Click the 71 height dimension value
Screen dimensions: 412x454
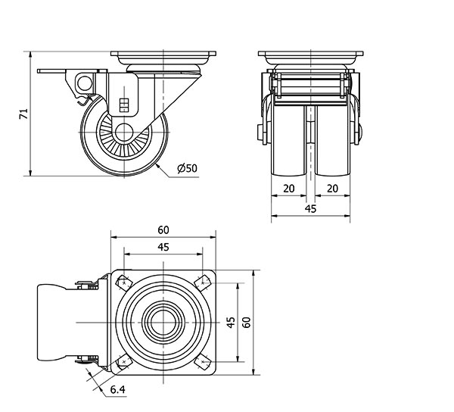point(23,114)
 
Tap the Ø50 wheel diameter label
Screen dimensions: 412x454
point(187,168)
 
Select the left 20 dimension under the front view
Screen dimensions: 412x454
point(288,187)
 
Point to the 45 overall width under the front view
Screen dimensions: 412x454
point(309,209)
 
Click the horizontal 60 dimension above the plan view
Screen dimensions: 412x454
point(163,229)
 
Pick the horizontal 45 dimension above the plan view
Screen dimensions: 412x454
point(163,246)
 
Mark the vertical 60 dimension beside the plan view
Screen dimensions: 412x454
point(247,323)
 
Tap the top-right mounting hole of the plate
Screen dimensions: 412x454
point(203,283)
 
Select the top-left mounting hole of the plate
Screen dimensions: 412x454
point(123,283)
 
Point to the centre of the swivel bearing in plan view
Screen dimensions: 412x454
point(163,323)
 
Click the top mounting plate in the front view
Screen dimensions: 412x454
point(311,56)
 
